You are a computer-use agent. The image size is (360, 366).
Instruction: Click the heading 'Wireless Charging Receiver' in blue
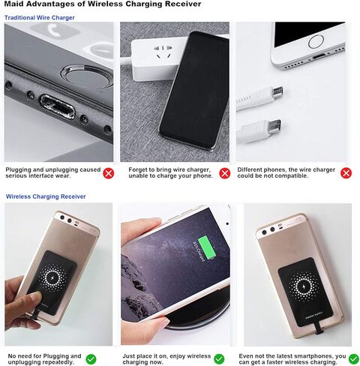click(46, 196)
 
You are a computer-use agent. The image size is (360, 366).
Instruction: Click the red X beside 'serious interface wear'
click(109, 174)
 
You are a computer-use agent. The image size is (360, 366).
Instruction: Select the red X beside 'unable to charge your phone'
click(224, 174)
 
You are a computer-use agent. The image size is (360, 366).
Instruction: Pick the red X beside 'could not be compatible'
click(346, 174)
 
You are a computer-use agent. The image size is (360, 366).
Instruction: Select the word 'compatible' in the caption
click(307, 177)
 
